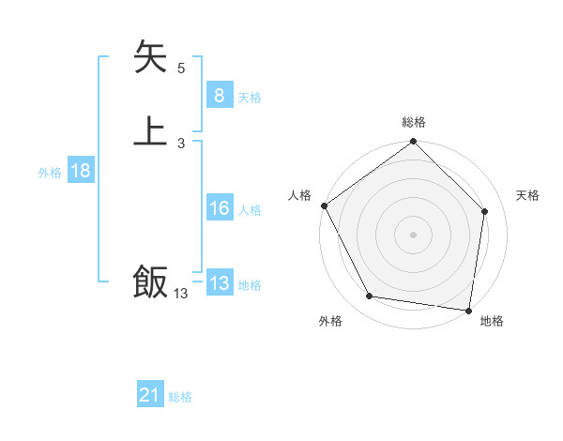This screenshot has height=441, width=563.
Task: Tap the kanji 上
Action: click(x=150, y=130)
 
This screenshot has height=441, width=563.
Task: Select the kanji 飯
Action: click(x=150, y=281)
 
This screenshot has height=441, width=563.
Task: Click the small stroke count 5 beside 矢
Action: click(x=181, y=68)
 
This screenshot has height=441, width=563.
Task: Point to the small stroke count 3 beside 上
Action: click(x=181, y=144)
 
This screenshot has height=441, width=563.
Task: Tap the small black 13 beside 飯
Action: click(x=180, y=294)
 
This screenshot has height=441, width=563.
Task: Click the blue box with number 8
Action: click(x=219, y=96)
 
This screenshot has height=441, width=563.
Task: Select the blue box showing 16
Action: click(x=219, y=208)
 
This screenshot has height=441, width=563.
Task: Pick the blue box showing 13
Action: click(x=219, y=283)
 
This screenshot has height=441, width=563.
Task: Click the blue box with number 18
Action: click(x=80, y=171)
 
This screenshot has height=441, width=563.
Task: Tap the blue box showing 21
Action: click(x=150, y=396)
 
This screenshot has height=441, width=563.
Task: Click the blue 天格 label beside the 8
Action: click(x=250, y=98)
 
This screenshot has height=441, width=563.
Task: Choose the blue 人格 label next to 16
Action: click(x=250, y=210)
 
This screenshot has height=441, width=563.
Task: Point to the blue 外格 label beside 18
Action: click(x=50, y=173)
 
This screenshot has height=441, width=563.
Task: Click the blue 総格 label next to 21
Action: click(x=180, y=398)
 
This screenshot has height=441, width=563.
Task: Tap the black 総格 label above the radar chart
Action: click(x=414, y=123)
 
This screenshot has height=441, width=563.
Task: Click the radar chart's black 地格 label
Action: click(x=492, y=322)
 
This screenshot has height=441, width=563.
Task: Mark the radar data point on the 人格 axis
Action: click(x=325, y=205)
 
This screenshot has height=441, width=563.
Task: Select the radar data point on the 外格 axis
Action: click(x=370, y=297)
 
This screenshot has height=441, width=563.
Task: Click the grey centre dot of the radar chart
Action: click(x=414, y=235)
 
